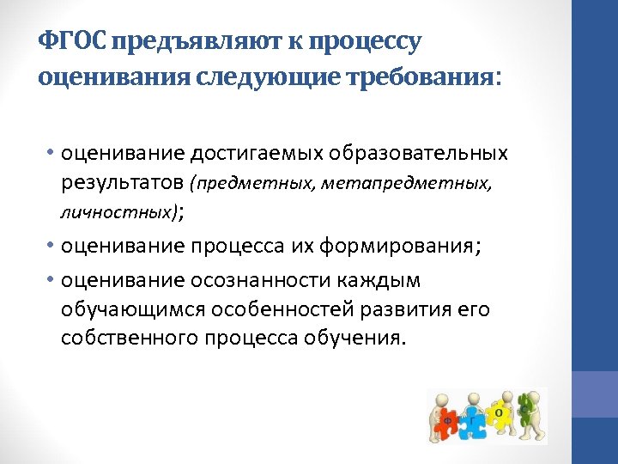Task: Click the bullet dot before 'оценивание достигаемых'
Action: coord(51,154)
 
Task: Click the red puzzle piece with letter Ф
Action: coord(447,420)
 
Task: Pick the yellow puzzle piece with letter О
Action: coord(500,413)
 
